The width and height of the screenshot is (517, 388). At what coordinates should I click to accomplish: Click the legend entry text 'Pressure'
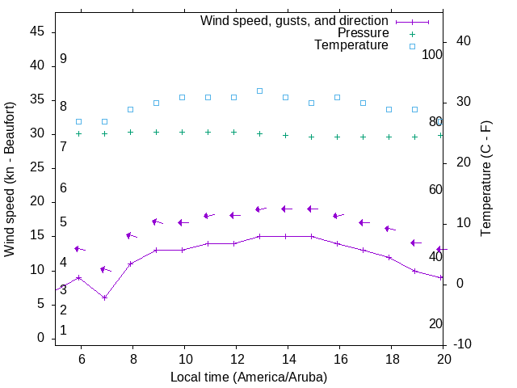[x=363, y=33]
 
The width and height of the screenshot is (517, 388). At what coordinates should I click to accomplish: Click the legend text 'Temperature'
[x=351, y=45]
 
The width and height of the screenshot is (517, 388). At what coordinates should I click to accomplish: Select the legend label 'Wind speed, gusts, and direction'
[x=295, y=21]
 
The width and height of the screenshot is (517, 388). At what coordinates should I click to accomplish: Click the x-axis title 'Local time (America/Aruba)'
[x=249, y=377]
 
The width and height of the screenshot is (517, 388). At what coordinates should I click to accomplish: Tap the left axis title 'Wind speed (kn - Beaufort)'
[x=10, y=179]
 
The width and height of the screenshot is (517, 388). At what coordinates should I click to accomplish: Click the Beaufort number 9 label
[x=63, y=59]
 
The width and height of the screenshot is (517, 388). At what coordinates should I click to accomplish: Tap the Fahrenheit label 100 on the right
[x=433, y=55]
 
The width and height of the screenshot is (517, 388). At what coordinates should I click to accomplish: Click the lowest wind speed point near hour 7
[x=104, y=297]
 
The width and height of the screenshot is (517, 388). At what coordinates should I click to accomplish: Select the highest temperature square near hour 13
[x=259, y=91]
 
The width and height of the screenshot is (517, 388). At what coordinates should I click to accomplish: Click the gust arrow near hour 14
[x=285, y=209]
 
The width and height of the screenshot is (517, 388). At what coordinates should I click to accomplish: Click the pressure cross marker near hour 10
[x=182, y=132]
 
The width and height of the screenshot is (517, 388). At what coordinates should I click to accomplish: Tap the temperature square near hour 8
[x=130, y=109]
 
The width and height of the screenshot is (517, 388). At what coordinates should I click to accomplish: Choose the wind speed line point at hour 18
[x=389, y=257]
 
